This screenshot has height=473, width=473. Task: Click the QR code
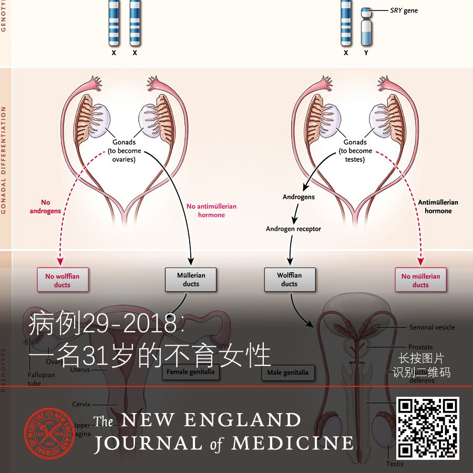(427, 428)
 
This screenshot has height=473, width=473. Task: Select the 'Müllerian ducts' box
(191, 280)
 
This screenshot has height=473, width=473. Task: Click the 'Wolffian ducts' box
(289, 280)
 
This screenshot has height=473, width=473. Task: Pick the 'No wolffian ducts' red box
(62, 280)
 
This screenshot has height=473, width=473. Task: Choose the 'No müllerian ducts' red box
(420, 280)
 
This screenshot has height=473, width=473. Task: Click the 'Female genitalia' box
(191, 372)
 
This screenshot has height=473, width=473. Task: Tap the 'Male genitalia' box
(288, 373)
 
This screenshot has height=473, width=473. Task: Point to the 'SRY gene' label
(404, 11)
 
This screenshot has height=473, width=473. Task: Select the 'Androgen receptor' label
(293, 229)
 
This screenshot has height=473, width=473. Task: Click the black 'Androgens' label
(299, 197)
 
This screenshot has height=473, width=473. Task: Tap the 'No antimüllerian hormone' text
(211, 211)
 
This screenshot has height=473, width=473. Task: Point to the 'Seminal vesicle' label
(432, 327)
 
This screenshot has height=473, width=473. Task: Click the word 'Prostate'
(420, 347)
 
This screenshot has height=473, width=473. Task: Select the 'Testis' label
(395, 464)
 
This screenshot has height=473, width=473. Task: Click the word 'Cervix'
(81, 404)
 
